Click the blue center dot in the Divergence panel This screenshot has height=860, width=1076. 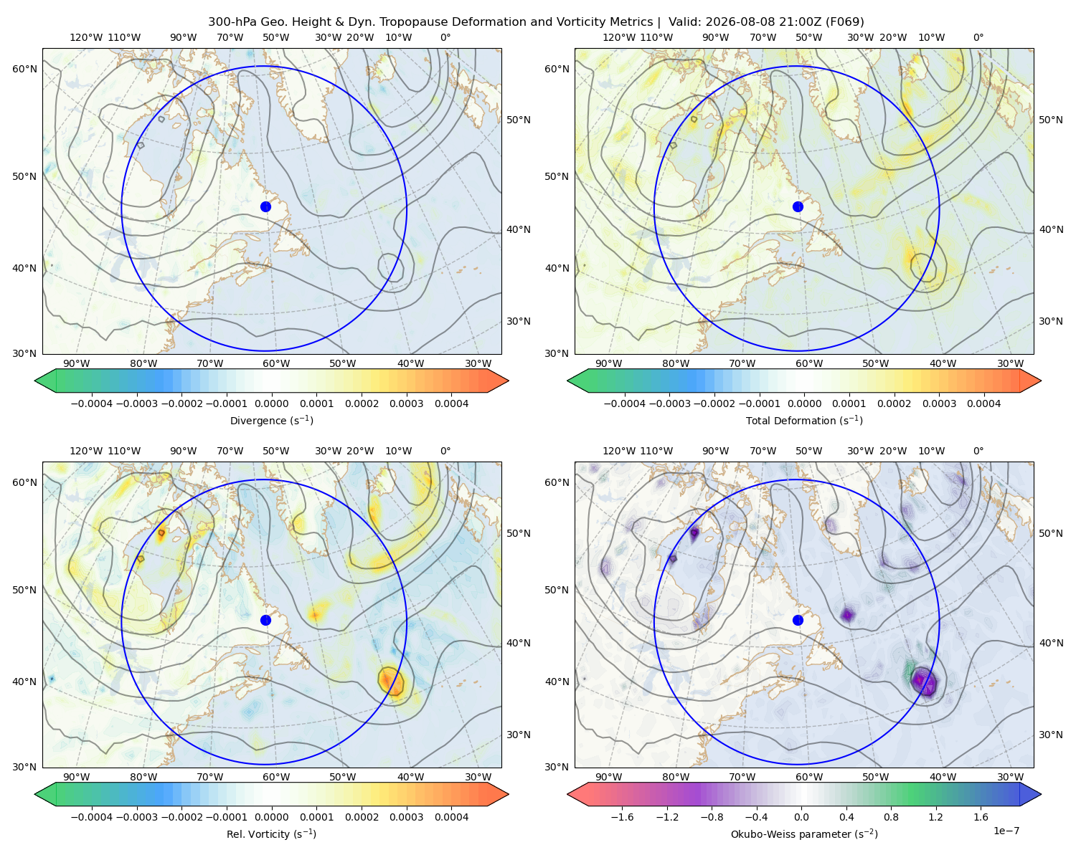265,207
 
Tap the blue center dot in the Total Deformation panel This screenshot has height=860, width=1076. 798,207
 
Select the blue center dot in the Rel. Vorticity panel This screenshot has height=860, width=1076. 265,620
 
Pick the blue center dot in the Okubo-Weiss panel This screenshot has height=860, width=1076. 798,620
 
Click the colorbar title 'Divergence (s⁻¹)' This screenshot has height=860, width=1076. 271,421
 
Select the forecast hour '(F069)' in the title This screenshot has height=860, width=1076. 845,22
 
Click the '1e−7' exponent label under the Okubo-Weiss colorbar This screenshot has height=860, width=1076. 1006,831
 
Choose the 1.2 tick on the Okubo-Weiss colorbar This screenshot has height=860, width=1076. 935,817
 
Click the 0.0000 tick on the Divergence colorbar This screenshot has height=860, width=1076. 271,403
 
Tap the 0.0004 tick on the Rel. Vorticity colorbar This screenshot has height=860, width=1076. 451,817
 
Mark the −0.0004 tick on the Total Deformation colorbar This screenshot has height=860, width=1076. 624,403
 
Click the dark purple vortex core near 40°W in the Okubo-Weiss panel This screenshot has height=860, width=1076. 923,681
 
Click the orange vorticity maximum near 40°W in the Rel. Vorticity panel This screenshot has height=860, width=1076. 390,681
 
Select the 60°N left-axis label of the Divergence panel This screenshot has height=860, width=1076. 24,69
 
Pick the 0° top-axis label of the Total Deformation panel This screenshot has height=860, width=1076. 978,37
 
